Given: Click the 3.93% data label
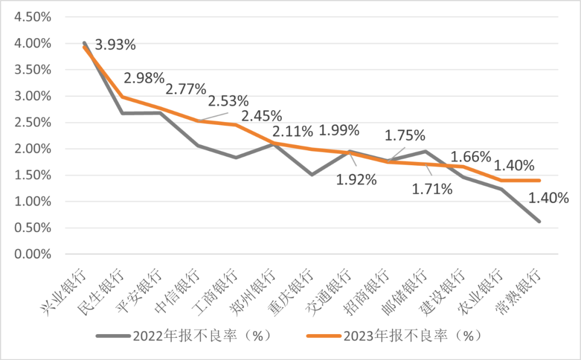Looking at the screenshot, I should (x=115, y=44).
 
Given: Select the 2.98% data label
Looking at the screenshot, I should (x=144, y=78).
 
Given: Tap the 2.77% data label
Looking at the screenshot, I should (x=186, y=89).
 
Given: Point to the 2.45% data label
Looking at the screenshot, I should (x=261, y=116).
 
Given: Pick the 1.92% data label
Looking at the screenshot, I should (x=357, y=180).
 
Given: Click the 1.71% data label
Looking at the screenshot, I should (x=432, y=189).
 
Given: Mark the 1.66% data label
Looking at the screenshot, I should (x=471, y=157).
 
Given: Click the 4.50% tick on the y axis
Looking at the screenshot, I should (x=32, y=17).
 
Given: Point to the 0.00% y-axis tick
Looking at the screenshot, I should (x=32, y=254).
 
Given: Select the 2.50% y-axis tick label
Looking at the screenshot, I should (x=32, y=122).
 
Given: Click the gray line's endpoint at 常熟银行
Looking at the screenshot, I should (x=539, y=221).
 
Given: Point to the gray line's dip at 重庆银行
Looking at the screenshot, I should (x=312, y=174).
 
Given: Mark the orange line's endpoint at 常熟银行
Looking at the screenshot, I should (x=539, y=180).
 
